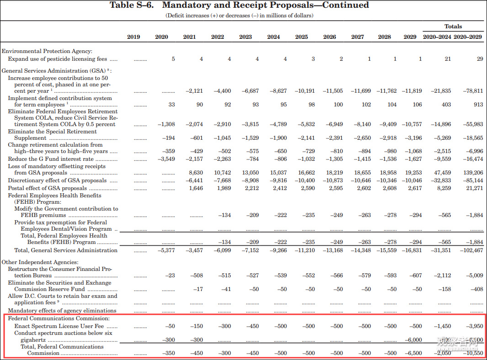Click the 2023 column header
(245, 37)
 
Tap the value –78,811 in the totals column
(472, 91)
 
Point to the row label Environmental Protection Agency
(47, 51)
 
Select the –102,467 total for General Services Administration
(471, 250)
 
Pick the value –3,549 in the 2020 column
(166, 159)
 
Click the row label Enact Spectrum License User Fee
(59, 326)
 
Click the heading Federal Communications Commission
(59, 318)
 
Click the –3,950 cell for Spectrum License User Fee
(472, 326)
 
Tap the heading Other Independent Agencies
(40, 262)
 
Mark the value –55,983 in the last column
(472, 124)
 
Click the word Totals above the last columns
(453, 26)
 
